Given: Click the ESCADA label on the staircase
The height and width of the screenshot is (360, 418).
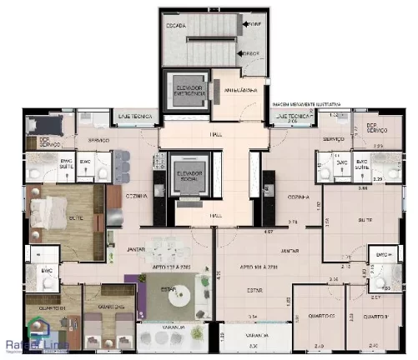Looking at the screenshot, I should point(176,26).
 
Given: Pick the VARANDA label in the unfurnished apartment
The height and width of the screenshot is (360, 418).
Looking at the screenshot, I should point(245,336).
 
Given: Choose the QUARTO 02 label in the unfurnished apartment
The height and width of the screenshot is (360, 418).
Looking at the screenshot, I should point(311,316).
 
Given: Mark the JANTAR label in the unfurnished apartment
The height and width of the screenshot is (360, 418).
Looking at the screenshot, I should point(290,250).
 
